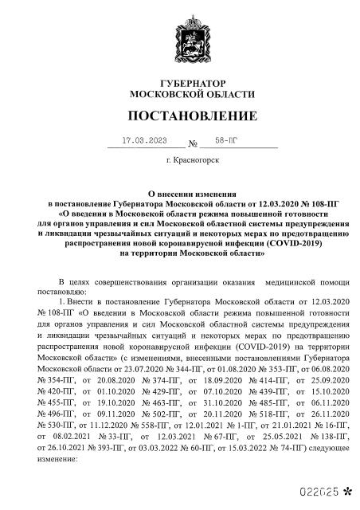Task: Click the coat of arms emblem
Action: pyautogui.click(x=180, y=41)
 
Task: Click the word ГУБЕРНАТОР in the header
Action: pyautogui.click(x=180, y=82)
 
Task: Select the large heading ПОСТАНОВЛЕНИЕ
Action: pyautogui.click(x=180, y=116)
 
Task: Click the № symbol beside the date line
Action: pyautogui.click(x=192, y=145)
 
